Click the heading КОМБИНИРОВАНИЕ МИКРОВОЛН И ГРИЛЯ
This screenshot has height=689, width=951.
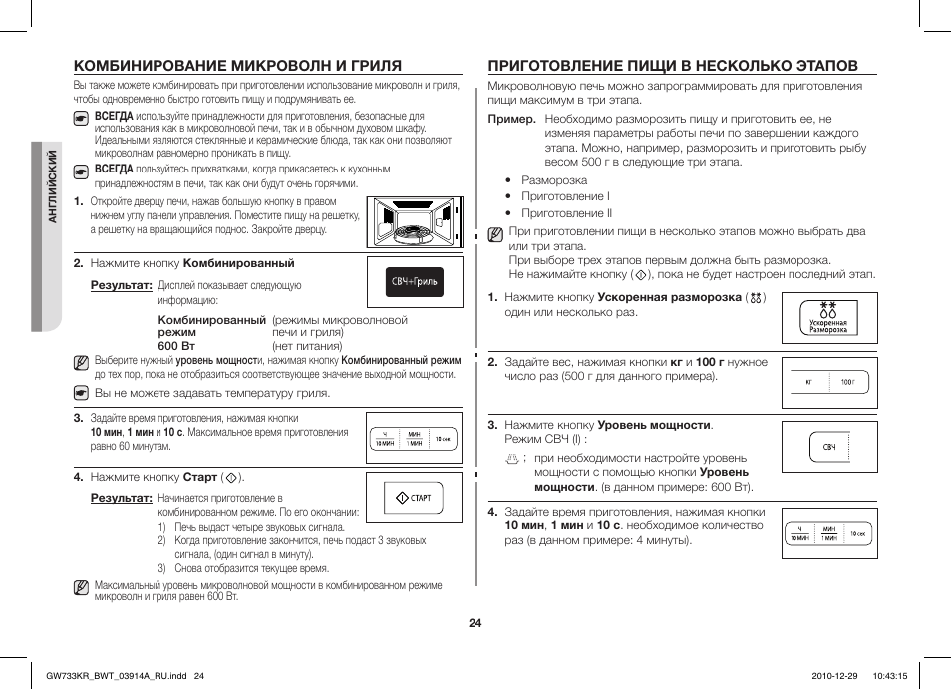237,66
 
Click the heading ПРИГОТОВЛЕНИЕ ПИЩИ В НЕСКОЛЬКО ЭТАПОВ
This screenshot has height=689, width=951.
672,66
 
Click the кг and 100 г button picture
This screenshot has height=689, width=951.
828,382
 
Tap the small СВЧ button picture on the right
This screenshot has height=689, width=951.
828,447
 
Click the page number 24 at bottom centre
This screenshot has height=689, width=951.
475,623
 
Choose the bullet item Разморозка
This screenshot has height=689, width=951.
554,180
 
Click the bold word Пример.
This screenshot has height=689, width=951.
511,118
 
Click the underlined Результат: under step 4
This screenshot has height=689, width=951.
121,497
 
